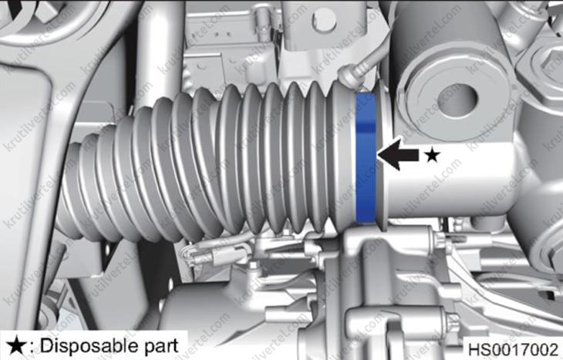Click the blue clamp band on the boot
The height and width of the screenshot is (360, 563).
pos(366,158)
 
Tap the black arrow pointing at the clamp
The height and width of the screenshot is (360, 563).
pos(398,155)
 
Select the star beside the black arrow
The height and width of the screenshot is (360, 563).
pos(433,156)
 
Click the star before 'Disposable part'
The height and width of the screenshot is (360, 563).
pos(15,346)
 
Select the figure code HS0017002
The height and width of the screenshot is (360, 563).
pos(514,349)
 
